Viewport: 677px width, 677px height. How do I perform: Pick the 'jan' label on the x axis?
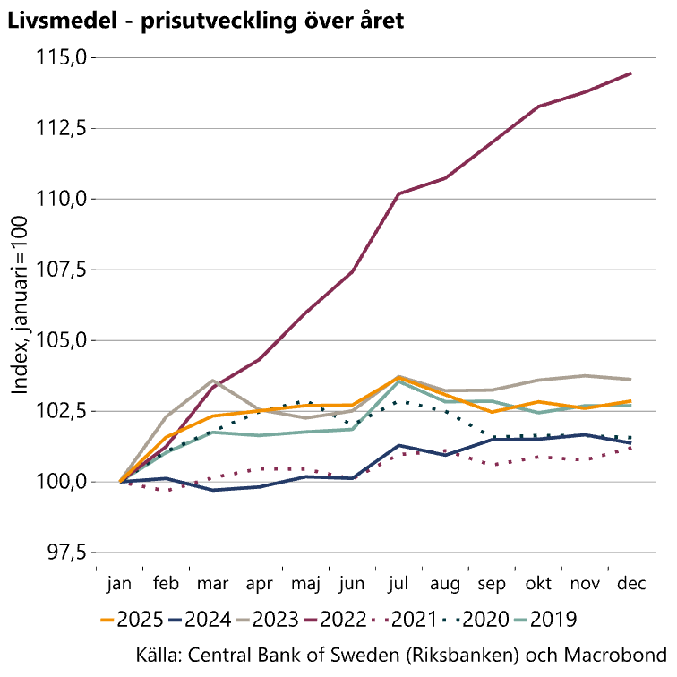tap(119, 585)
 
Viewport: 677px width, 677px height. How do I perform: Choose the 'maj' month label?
tap(305, 585)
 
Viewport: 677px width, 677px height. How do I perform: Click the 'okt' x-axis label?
tap(538, 585)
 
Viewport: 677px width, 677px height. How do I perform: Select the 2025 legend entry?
tap(125, 619)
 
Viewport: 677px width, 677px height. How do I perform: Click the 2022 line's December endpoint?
tap(631, 73)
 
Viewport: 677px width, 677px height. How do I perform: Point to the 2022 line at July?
tap(398, 193)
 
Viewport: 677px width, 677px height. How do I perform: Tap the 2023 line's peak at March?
tap(212, 381)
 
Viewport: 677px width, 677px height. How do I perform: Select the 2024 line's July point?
tap(398, 445)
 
